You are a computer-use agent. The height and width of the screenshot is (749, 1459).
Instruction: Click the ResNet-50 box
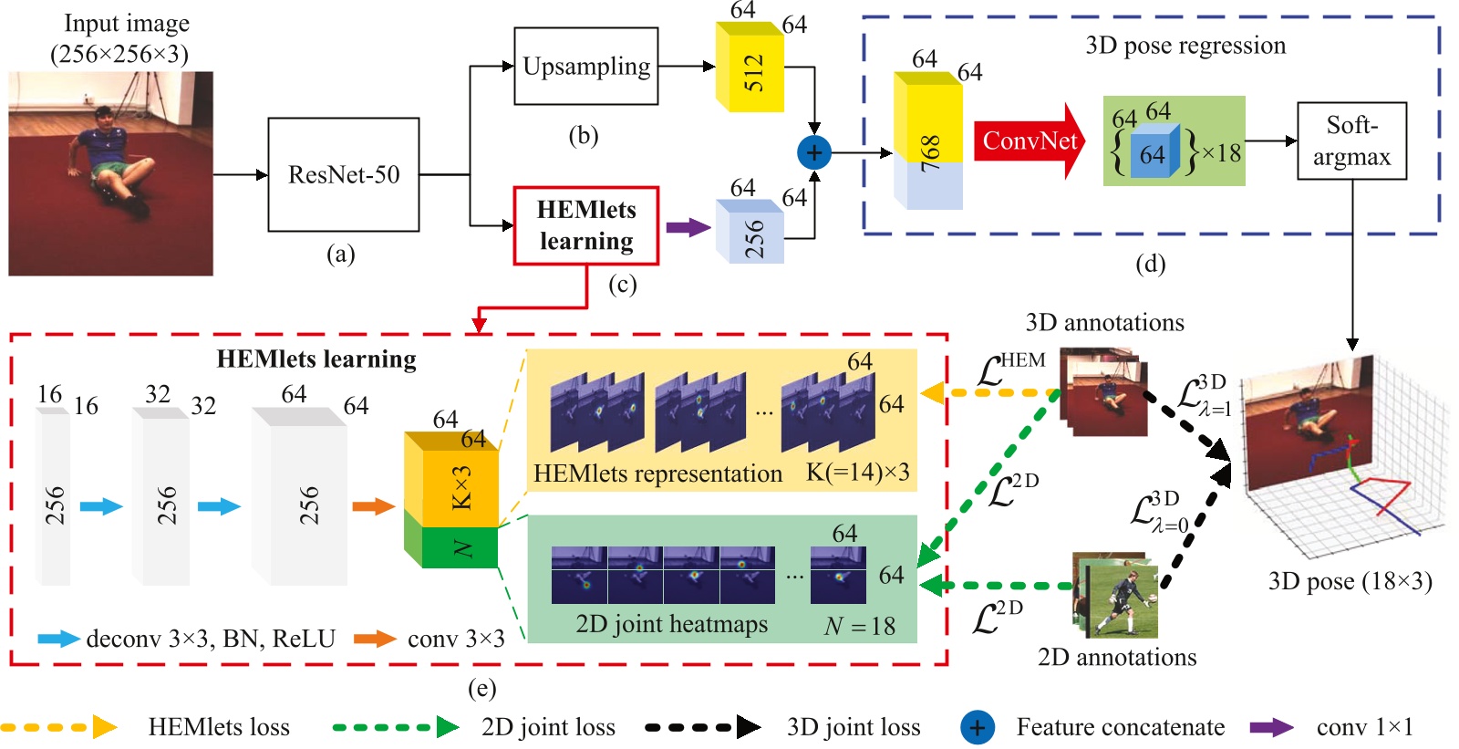(x=343, y=174)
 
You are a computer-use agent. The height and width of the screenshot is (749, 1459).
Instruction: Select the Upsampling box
(x=586, y=66)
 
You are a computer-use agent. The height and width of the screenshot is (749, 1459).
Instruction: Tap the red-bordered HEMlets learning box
(x=586, y=225)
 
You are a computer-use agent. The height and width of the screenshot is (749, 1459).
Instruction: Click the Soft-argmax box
(x=1351, y=140)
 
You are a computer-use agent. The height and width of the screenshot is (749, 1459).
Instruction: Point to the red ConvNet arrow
(x=1030, y=140)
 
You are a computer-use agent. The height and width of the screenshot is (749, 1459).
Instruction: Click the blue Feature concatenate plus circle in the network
(x=814, y=152)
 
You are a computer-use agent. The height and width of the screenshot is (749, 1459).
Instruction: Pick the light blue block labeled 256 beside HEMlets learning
(x=750, y=232)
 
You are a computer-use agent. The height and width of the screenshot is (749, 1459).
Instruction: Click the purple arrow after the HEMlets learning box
(x=688, y=227)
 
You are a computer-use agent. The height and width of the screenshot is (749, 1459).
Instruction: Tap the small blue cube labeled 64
(x=1154, y=151)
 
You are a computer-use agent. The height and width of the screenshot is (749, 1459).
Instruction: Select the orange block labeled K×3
(x=450, y=479)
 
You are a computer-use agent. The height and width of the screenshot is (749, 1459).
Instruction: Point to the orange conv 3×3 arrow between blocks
(x=374, y=506)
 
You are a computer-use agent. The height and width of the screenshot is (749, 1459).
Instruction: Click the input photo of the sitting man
(x=110, y=173)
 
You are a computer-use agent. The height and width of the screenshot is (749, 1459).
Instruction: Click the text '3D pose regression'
(x=1185, y=46)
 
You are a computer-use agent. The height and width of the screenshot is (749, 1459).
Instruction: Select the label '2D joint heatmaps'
(x=671, y=624)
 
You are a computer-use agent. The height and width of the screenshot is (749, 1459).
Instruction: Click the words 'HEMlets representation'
(x=657, y=473)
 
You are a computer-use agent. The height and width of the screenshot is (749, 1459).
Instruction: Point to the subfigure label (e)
(x=482, y=689)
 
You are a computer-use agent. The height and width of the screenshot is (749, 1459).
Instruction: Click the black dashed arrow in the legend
(x=703, y=727)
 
